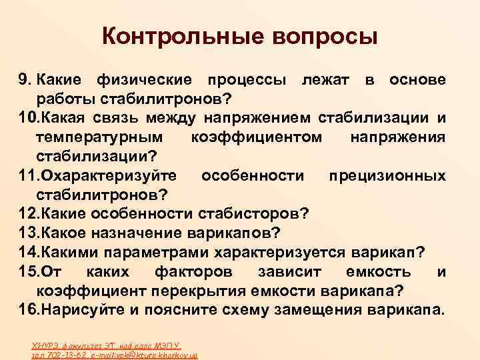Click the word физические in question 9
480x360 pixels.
coord(146,81)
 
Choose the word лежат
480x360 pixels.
coord(328,81)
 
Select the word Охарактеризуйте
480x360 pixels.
coord(109,176)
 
